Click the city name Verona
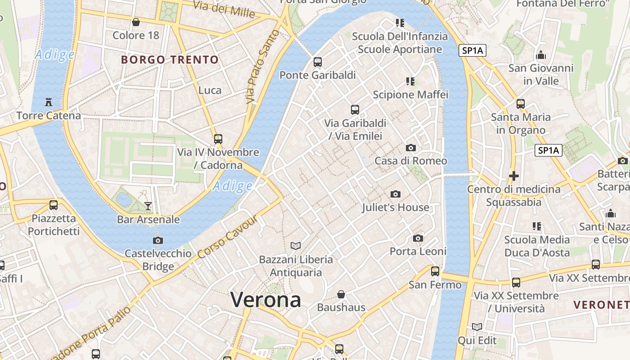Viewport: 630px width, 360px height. [265, 299]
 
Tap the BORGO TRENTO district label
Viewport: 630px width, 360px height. [170, 59]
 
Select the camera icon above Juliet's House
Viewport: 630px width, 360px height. [396, 194]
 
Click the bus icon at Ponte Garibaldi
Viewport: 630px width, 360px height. [318, 62]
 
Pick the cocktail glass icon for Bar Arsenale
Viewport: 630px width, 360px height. [148, 206]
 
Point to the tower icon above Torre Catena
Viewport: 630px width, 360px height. [49, 102]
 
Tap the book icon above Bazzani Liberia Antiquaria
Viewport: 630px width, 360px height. [296, 246]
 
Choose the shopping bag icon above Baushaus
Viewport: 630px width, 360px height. [341, 294]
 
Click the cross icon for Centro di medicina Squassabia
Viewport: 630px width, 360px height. [514, 175]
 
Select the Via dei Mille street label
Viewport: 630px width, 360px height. [224, 9]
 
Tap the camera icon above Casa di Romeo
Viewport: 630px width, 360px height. [410, 148]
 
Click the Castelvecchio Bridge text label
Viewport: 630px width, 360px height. [158, 260]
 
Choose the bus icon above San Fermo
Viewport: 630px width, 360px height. [435, 271]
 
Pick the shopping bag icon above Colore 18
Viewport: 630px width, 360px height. [136, 22]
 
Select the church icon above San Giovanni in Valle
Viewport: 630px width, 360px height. [541, 55]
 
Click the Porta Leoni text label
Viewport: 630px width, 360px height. [418, 251]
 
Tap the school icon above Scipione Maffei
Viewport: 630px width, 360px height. [410, 81]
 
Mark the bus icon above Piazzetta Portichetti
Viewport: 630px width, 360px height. [54, 205]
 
